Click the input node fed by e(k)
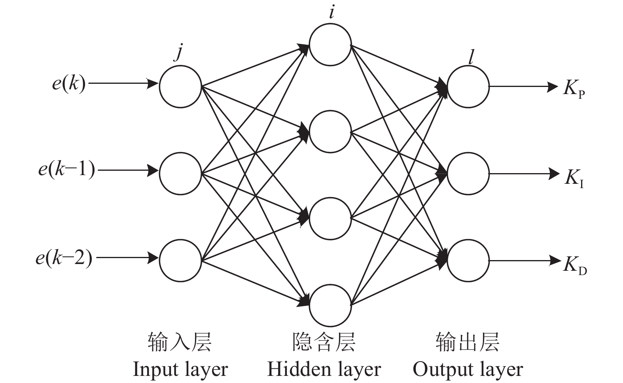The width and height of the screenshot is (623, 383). click(x=180, y=86)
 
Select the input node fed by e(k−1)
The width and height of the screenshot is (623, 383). click(x=180, y=173)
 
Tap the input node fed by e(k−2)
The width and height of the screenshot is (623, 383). click(x=180, y=260)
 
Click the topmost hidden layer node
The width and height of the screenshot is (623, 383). click(x=330, y=44)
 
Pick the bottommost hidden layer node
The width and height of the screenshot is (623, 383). click(x=330, y=305)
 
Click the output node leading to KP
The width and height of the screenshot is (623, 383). click(x=468, y=86)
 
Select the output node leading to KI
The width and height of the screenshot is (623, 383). click(x=468, y=173)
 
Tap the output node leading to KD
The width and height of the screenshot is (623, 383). click(x=468, y=260)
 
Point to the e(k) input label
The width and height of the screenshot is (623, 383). click(x=69, y=84)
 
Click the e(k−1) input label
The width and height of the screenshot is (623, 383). click(x=66, y=170)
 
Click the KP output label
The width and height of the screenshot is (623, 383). click(x=574, y=89)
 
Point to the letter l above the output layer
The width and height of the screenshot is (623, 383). click(x=470, y=58)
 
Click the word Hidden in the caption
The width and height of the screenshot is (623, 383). click(x=293, y=369)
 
